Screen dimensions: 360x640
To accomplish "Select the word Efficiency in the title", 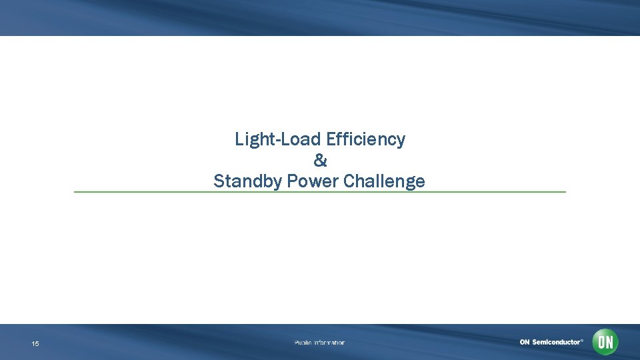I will [366, 139].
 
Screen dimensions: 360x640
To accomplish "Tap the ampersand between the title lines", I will [320, 161].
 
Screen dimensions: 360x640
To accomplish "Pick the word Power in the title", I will [313, 181].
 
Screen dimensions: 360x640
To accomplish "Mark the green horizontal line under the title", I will [320, 192].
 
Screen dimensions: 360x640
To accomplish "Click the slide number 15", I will [35, 344].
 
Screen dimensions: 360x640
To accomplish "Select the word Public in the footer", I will [303, 343].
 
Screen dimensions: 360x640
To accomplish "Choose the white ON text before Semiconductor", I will [525, 342].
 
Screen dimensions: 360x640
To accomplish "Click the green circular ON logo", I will [605, 343].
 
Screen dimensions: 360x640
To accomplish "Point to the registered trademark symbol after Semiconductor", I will [582, 340].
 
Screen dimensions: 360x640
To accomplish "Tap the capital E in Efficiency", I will [331, 139].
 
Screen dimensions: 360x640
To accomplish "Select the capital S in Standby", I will [219, 181].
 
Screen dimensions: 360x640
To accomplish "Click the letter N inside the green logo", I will [609, 343].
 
